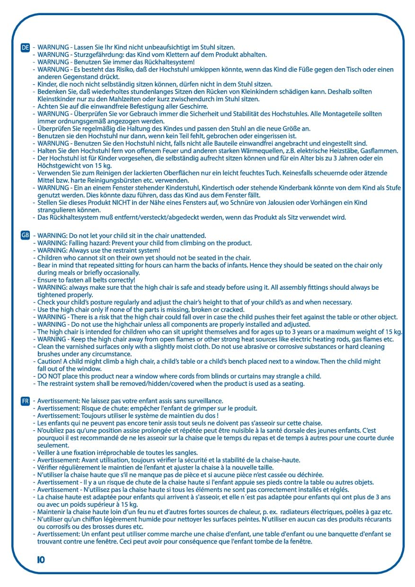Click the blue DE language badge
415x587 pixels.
click(x=26, y=47)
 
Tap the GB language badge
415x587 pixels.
click(x=26, y=235)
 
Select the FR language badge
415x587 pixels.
click(x=26, y=401)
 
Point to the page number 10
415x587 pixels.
click(x=41, y=560)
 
